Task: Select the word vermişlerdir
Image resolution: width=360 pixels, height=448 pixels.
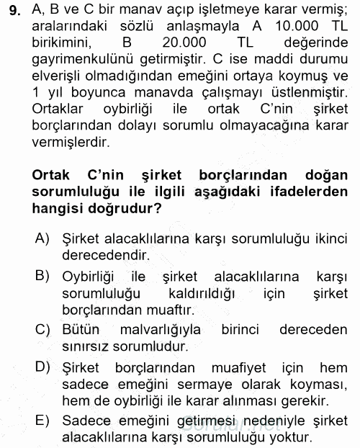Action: point(72,141)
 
